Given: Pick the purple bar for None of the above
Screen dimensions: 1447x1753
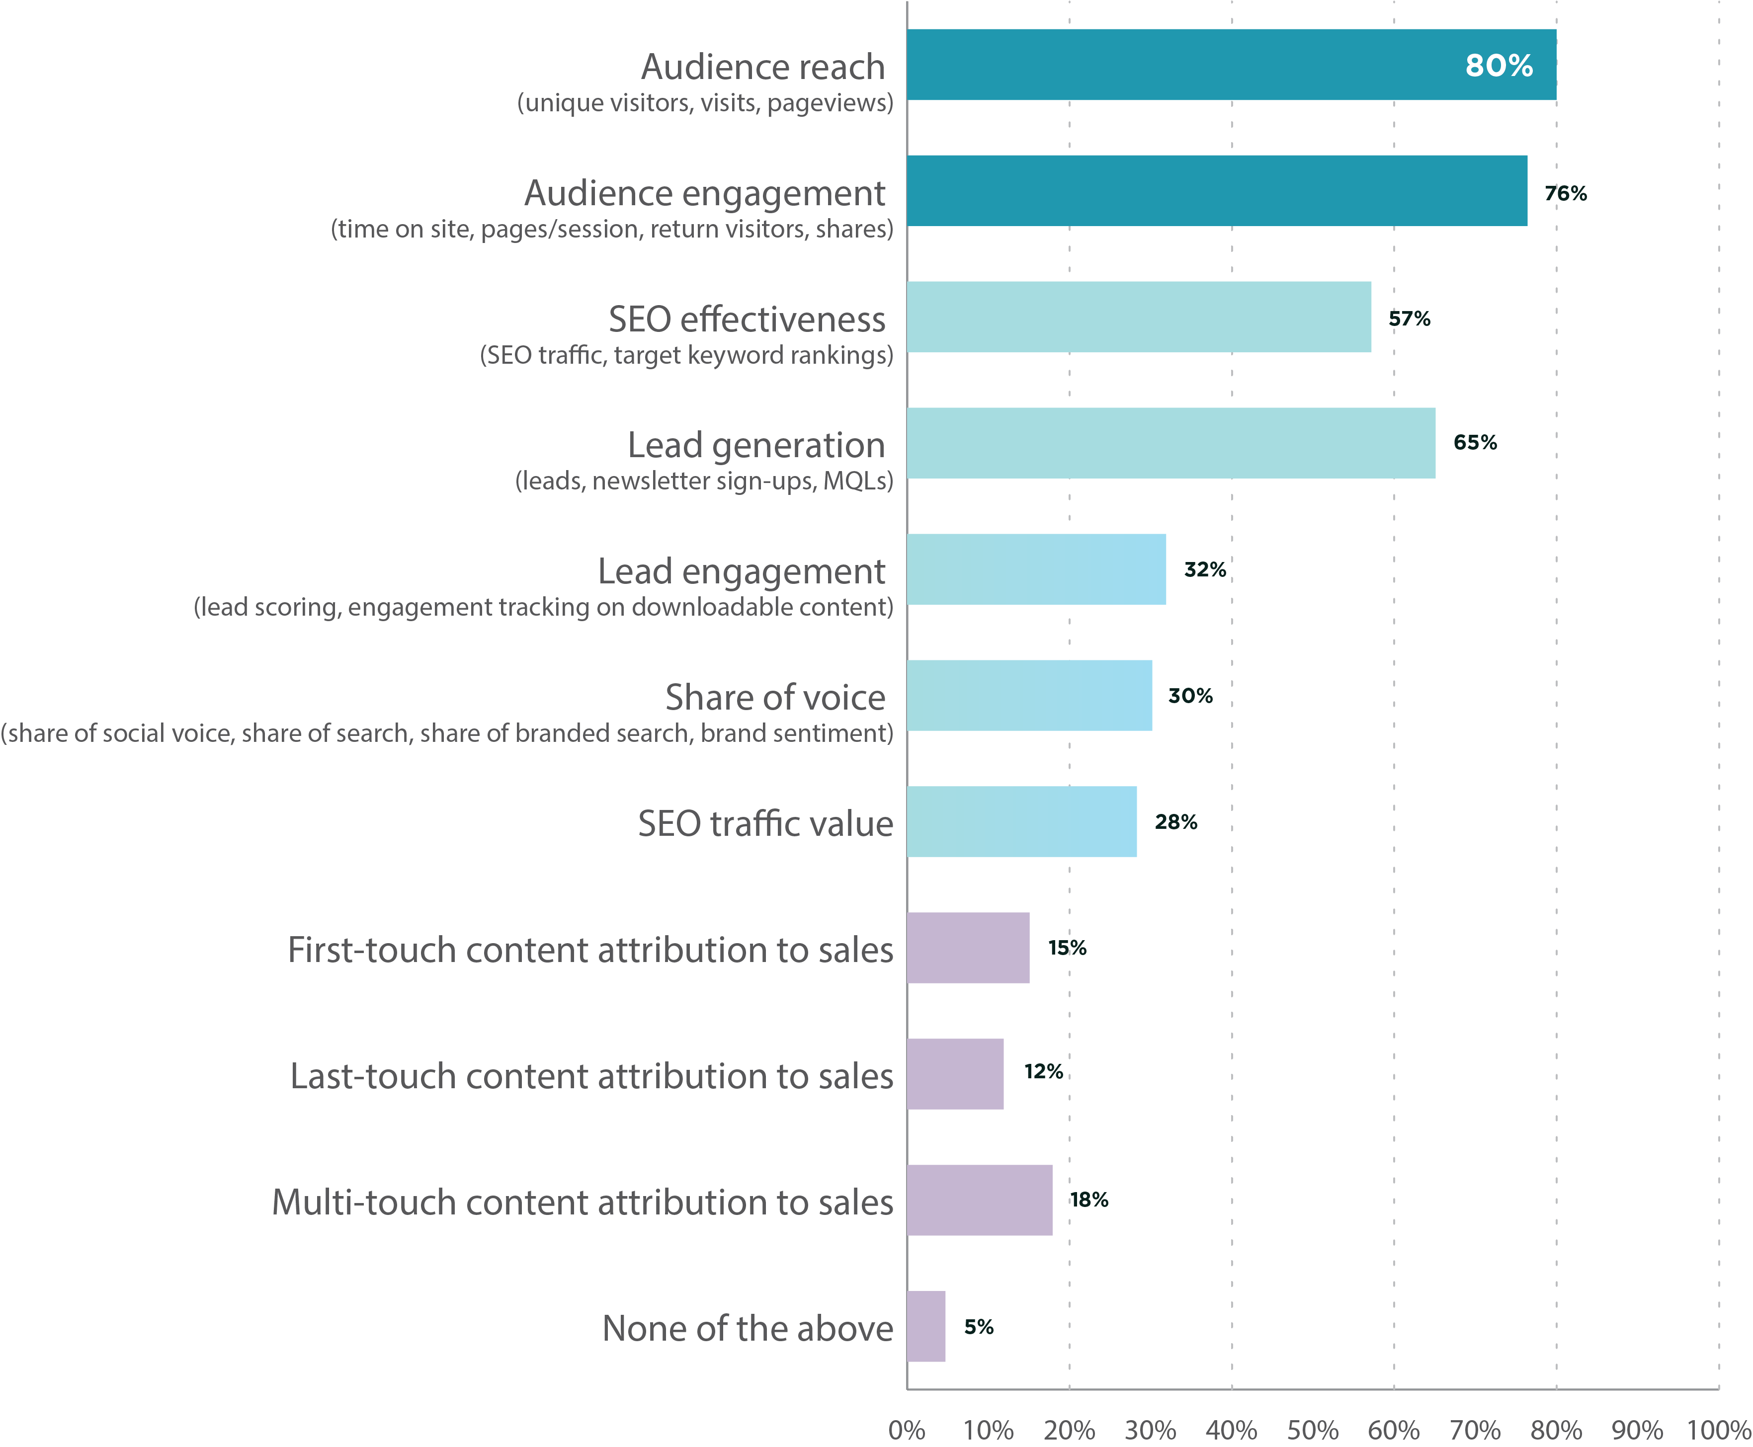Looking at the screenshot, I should (925, 1326).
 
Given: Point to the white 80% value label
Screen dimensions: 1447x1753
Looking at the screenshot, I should (1498, 66).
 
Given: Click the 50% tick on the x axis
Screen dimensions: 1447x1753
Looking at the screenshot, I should (1312, 1430).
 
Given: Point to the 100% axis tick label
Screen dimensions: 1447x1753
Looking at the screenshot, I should (1718, 1430).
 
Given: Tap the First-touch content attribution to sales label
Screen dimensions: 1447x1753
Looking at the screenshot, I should (590, 950).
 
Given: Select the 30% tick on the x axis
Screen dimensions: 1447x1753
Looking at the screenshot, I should (1150, 1430).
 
